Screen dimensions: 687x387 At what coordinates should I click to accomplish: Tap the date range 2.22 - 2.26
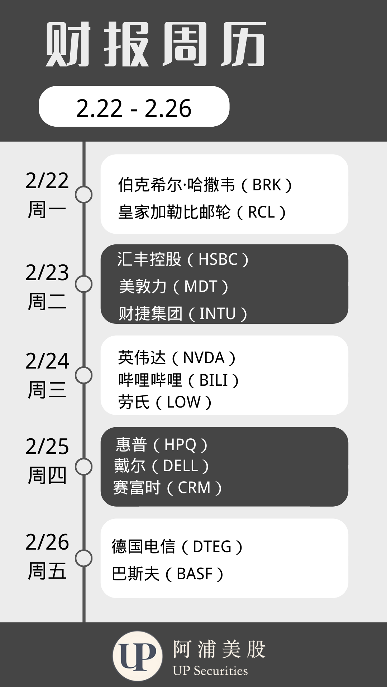(134, 108)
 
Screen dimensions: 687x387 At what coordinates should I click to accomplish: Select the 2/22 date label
(47, 181)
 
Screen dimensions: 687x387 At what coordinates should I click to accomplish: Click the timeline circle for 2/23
(84, 284)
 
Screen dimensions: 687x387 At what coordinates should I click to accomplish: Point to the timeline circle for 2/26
(84, 558)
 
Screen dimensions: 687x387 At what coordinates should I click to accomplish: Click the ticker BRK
(267, 185)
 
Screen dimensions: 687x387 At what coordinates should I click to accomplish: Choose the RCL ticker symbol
(261, 213)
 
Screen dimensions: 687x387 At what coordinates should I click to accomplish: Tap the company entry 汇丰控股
(149, 259)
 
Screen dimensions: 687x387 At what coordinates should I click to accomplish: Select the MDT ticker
(201, 287)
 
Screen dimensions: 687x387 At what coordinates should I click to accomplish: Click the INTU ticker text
(217, 314)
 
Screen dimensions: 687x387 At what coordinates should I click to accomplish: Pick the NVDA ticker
(204, 358)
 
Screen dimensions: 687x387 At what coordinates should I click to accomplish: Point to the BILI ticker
(214, 380)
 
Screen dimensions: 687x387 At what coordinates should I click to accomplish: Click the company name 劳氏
(134, 402)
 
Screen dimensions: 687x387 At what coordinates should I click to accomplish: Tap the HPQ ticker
(180, 445)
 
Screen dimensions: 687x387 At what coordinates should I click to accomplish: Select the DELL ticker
(180, 466)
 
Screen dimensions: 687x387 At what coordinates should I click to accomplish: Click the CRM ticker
(194, 488)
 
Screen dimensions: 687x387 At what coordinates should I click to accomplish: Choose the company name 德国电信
(143, 547)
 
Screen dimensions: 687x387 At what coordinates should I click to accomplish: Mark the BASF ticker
(195, 574)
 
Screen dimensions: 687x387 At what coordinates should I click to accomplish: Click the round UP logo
(137, 656)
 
